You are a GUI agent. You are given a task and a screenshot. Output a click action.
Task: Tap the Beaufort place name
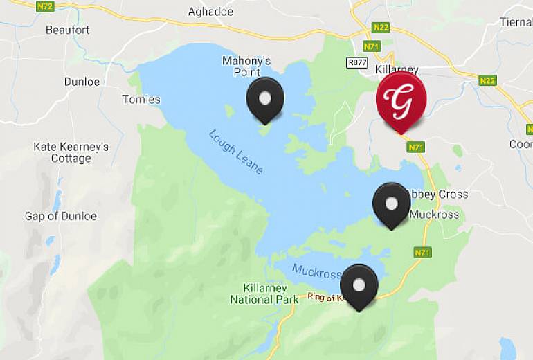point(68,30)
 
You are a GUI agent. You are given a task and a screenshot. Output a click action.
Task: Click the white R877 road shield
point(357,62)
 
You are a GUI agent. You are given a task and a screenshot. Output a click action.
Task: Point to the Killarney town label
point(397,70)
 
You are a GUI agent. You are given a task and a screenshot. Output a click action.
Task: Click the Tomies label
point(141,99)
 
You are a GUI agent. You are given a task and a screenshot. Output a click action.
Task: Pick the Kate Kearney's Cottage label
point(71,152)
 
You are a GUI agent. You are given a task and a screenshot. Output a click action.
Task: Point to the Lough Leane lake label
point(235,152)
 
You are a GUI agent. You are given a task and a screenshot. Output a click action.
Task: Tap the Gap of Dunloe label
point(61,216)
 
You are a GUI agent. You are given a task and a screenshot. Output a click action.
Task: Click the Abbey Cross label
point(439,195)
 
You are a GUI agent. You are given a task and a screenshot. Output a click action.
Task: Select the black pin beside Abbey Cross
point(391,204)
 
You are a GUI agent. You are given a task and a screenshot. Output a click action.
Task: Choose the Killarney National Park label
point(264,294)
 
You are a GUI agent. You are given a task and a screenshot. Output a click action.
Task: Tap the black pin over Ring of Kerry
point(359,285)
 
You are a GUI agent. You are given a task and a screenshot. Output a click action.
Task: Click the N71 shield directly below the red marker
point(415,147)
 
